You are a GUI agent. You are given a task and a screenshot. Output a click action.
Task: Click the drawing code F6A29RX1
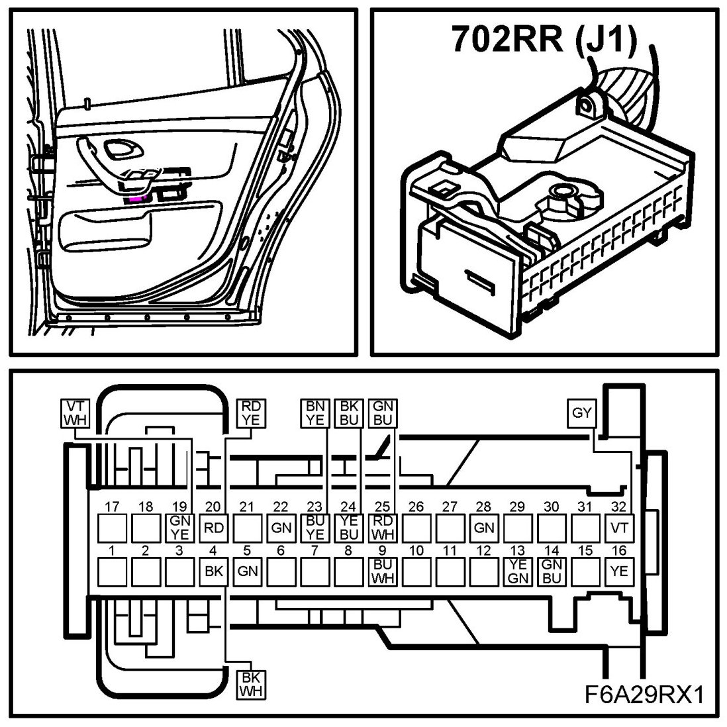click(642, 695)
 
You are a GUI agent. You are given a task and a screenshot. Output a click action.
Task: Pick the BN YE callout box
click(314, 413)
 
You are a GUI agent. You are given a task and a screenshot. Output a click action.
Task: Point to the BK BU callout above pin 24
click(348, 413)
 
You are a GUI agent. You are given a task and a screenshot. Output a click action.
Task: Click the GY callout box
click(581, 414)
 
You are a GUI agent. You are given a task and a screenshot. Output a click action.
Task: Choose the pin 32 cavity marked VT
click(618, 528)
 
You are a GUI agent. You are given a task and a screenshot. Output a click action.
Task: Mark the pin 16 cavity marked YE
click(618, 571)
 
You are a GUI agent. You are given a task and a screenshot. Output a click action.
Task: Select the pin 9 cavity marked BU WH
click(382, 571)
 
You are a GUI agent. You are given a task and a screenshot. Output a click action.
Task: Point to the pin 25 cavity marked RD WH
click(382, 528)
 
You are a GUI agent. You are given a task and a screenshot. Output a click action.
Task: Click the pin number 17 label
click(112, 507)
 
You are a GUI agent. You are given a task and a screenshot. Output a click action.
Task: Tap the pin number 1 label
click(112, 550)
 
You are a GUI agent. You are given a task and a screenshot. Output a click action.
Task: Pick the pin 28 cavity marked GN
click(483, 528)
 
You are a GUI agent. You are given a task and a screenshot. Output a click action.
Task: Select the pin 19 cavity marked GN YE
click(179, 528)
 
